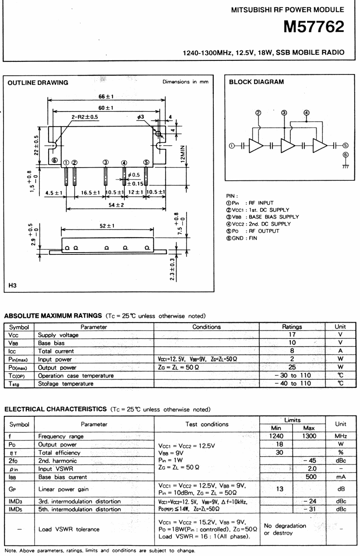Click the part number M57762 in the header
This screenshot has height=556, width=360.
click(x=314, y=27)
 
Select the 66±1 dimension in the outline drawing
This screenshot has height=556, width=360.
click(x=106, y=96)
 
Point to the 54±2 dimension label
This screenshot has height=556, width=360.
click(x=116, y=205)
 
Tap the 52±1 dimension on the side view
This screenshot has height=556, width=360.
click(x=107, y=225)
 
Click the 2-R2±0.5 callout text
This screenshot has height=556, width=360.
click(x=85, y=116)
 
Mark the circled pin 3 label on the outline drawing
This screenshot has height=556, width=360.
click(x=106, y=162)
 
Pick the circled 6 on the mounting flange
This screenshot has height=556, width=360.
click(x=55, y=160)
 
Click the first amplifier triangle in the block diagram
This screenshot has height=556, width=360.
click(x=256, y=145)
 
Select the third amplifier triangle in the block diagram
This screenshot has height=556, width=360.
click(x=320, y=145)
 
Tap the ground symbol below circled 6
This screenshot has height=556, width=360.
click(x=346, y=166)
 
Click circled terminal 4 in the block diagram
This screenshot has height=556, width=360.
click(x=307, y=113)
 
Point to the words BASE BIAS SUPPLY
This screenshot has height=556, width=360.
click(x=274, y=217)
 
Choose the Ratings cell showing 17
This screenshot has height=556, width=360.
click(x=292, y=334)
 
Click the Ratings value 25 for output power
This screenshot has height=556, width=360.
click(x=292, y=367)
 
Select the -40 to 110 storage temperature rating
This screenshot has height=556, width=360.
click(x=293, y=383)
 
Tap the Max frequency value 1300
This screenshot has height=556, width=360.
click(x=309, y=436)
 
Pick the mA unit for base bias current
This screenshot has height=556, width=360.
click(x=341, y=477)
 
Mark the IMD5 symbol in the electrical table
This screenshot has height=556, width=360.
click(x=15, y=509)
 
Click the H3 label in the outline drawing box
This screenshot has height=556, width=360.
click(x=12, y=285)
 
